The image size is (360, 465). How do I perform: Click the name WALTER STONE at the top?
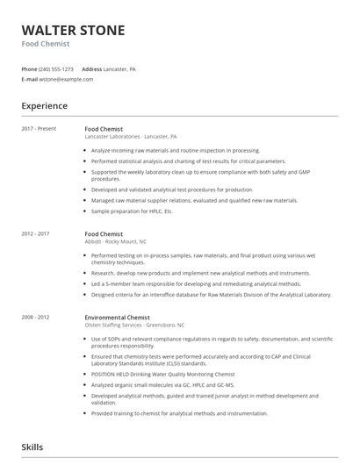coord(73,31)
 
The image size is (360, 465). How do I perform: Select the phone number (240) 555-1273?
coord(57,68)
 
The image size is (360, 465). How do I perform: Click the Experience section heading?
coord(45,106)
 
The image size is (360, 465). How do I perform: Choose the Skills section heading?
coord(33,447)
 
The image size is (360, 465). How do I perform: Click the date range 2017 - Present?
coord(39,129)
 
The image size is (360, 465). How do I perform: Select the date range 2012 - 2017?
coord(36,234)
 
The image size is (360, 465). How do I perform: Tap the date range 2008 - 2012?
coord(36,317)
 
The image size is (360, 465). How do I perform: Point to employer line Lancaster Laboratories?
coord(131,137)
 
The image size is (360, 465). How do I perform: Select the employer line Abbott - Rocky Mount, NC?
coord(115,242)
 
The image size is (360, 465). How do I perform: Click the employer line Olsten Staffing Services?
coord(134,325)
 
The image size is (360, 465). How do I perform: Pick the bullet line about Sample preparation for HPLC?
coord(133,211)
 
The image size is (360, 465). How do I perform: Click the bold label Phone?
coord(29,68)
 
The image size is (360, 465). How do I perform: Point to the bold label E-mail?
coord(30,79)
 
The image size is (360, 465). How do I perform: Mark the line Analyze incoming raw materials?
coord(176,150)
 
